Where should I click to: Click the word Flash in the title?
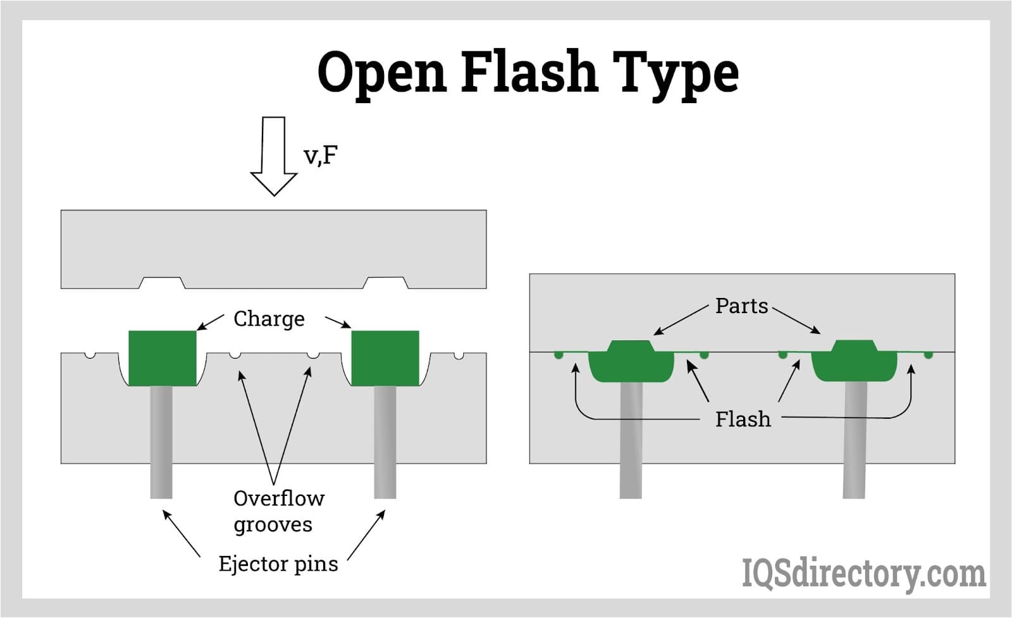[529, 71]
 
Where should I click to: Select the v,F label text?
[321, 155]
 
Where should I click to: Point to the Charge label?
[269, 319]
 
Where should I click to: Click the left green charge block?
[162, 358]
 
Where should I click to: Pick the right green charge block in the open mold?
[385, 358]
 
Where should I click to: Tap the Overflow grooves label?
[278, 511]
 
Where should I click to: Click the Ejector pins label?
[278, 564]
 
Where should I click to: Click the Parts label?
[741, 306]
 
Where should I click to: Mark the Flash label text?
[743, 419]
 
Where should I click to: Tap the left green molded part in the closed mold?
[631, 363]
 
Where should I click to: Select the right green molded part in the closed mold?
[854, 363]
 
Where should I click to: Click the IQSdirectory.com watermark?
[863, 574]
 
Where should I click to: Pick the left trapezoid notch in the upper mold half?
[162, 283]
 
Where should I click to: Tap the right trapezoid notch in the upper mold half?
[385, 283]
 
